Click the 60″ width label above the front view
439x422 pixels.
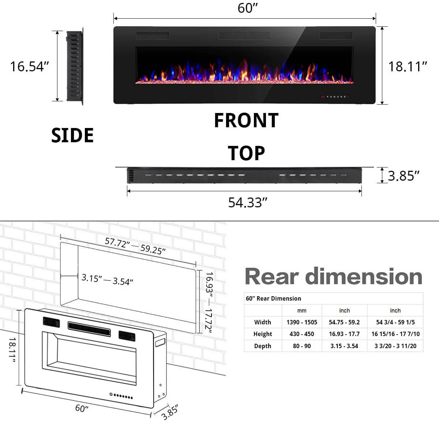248,8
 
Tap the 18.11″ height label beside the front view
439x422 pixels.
408,67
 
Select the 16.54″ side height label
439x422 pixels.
29,67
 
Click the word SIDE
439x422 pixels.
72,135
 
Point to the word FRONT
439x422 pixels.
246,120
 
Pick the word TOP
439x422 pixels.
246,153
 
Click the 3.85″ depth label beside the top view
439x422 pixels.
403,176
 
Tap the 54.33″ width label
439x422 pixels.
248,202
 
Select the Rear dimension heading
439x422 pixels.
333,276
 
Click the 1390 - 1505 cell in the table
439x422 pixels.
302,322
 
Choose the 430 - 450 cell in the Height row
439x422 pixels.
302,334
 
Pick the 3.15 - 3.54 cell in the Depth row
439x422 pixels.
344,346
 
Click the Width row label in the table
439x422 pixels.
263,322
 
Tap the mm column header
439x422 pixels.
302,310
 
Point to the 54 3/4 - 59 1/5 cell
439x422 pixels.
395,322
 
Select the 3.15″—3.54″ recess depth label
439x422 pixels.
107,280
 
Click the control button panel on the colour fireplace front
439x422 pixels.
335,97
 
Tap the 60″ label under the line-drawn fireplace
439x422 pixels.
82,408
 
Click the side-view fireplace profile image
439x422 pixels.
75,67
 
